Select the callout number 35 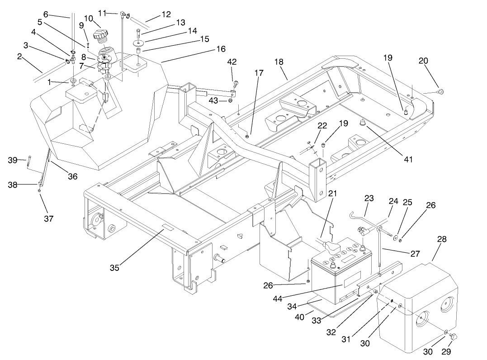tap(114, 267)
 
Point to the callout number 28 tap(441, 240)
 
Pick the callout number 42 tap(232, 62)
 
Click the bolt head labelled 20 tap(442, 92)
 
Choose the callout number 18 tap(278, 61)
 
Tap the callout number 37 tap(48, 219)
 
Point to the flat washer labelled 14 tap(138, 43)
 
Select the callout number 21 tap(332, 194)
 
